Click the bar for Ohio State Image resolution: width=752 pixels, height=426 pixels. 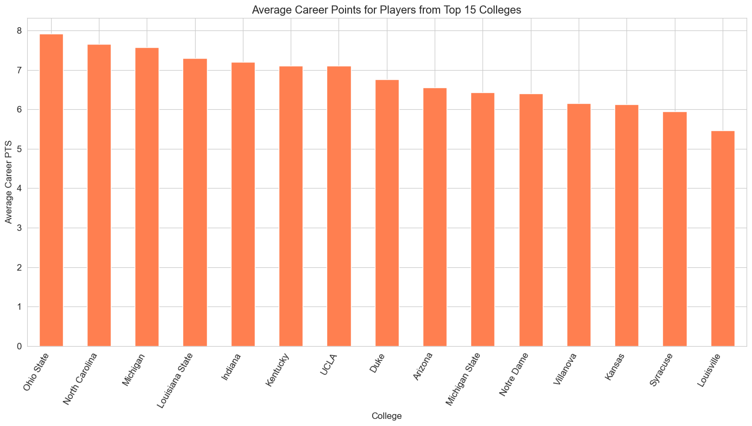click(51, 190)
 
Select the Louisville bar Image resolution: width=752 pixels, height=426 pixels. click(723, 239)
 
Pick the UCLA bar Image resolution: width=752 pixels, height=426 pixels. click(339, 206)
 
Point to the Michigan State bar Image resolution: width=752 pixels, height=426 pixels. click(482, 220)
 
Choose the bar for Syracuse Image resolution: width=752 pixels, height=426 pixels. click(675, 229)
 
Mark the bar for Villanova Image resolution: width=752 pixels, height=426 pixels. click(579, 225)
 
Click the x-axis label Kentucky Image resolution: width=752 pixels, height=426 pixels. click(278, 370)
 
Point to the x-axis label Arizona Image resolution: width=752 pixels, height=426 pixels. click(423, 367)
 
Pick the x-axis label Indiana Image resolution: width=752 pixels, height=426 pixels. click(231, 367)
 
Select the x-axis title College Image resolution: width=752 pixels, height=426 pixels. click(386, 416)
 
